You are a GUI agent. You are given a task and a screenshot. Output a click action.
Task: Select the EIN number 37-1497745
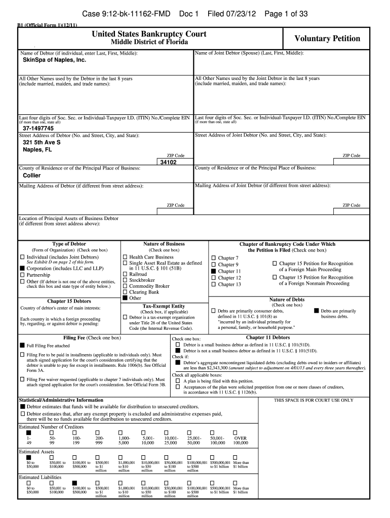(38, 128)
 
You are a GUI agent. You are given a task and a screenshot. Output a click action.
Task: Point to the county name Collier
(32, 176)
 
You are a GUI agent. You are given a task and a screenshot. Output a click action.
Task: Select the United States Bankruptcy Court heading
(149, 33)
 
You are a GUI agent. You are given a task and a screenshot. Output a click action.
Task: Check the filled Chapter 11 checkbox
(213, 271)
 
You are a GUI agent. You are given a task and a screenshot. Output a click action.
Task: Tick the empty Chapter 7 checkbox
(213, 258)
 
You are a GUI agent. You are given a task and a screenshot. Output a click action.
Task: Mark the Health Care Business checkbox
(125, 257)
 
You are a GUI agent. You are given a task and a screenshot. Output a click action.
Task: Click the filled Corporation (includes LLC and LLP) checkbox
(22, 268)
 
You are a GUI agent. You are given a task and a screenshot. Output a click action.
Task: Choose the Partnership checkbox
(22, 275)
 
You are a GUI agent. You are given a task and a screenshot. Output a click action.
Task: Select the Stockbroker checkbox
(125, 280)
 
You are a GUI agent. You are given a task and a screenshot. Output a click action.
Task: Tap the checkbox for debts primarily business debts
(317, 311)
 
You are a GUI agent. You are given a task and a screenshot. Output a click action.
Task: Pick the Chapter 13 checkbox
(213, 284)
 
